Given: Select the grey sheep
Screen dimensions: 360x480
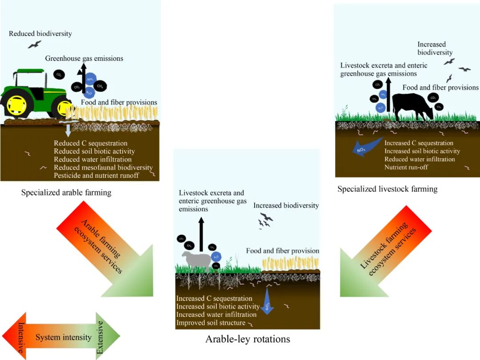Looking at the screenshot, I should tap(196, 260).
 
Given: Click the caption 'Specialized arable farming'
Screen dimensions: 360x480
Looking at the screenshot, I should tap(66, 192).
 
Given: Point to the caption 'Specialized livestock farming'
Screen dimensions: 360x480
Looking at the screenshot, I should tap(387, 189).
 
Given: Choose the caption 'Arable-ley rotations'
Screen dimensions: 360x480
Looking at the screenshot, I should tap(248, 339).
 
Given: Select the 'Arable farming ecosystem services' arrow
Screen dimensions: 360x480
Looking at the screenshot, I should tap(104, 249).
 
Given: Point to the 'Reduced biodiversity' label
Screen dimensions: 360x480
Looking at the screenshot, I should tap(40, 33).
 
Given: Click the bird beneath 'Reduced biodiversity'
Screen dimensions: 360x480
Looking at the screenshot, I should tap(34, 44).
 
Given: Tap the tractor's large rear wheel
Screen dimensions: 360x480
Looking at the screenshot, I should tap(16, 105).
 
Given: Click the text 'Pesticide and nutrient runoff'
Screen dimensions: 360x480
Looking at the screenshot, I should tap(96, 176).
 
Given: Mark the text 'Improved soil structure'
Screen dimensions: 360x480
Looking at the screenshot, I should tap(211, 323).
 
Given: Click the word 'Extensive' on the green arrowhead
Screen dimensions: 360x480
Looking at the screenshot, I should tap(100, 337).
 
